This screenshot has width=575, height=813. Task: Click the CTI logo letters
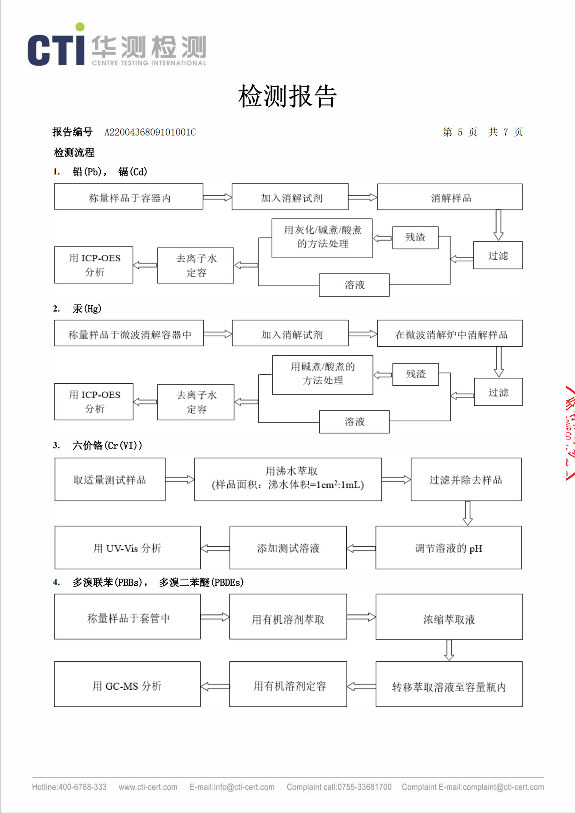click(x=56, y=50)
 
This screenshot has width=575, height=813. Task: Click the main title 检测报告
click(x=287, y=96)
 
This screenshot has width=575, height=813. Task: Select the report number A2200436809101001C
click(x=150, y=132)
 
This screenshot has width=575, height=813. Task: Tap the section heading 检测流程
click(x=74, y=152)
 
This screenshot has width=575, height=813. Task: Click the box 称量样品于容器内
click(x=129, y=196)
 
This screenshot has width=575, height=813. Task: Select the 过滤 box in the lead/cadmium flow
click(x=498, y=255)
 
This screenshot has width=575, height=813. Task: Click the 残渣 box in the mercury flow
click(x=415, y=374)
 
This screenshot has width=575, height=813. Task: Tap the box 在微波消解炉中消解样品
click(x=450, y=334)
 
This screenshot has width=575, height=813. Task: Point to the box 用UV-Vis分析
click(x=127, y=548)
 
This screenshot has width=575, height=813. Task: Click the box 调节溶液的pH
click(x=448, y=548)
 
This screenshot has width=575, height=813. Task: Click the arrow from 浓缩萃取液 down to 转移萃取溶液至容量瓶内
click(x=449, y=650)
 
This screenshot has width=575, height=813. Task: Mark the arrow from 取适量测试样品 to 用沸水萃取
click(x=180, y=479)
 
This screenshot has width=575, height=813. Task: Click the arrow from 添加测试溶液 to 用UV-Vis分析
click(x=215, y=548)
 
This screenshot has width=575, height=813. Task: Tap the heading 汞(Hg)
click(x=87, y=309)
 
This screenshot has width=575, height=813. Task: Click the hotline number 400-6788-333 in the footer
click(x=82, y=787)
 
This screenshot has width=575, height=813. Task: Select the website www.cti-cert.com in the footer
click(x=148, y=787)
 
